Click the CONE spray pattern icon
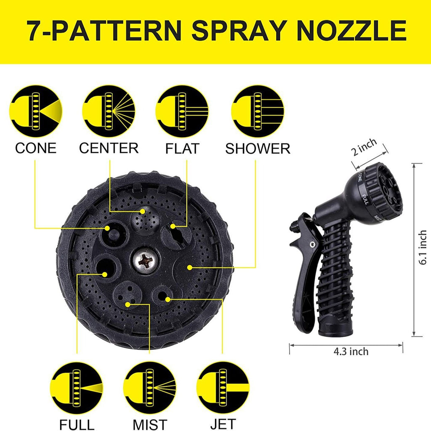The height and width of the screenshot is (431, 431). pos(35,111)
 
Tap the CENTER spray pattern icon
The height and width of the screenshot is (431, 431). pos(109,111)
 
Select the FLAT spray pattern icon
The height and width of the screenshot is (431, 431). pos(182,111)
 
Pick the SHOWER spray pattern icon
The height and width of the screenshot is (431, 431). pos(258,111)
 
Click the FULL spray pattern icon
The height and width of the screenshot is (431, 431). pos(77,388)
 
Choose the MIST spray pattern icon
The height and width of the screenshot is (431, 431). pos(149,388)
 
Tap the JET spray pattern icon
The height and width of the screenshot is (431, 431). pos(223,388)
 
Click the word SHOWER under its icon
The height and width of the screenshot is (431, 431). pos(258,149)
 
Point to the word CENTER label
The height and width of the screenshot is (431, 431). pos(109,148)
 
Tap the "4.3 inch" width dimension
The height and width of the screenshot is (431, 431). pos(351,351)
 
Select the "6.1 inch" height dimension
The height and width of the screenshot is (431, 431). pos(423,247)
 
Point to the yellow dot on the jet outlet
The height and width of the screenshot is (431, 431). pos(168,299)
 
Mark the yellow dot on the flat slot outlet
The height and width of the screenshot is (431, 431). pos(173,226)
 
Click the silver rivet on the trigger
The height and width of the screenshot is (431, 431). pos(312,244)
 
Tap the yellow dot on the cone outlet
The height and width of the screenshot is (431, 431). pos(107,228)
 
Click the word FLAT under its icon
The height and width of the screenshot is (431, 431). pos(182,149)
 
